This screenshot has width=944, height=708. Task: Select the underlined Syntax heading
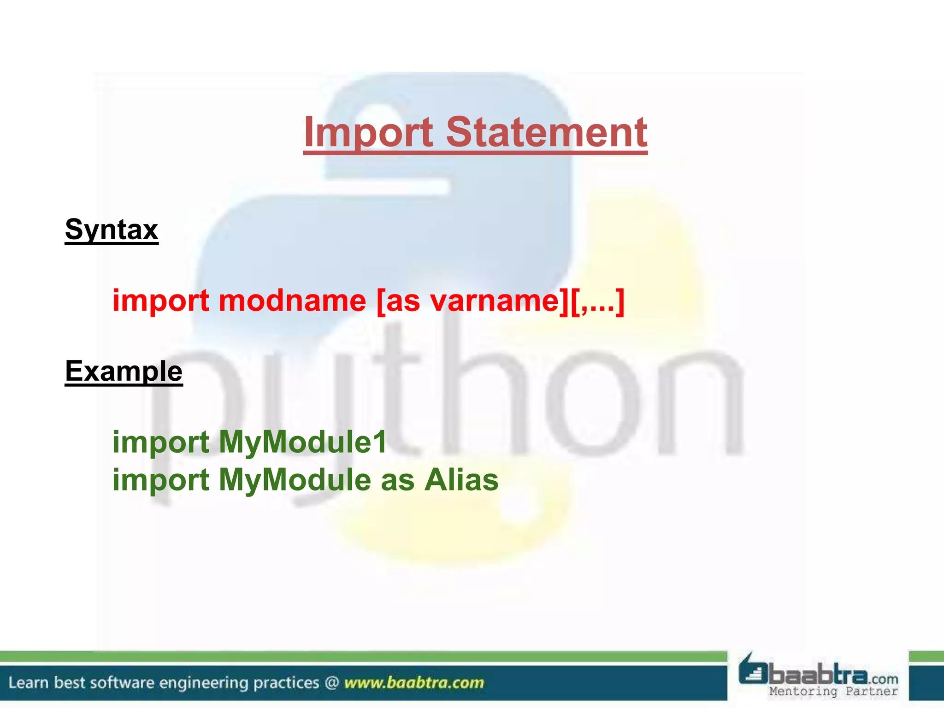112,230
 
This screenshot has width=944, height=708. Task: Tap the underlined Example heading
124,371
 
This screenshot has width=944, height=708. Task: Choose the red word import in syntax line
161,301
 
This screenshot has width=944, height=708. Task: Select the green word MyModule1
302,442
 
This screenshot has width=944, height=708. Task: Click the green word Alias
461,480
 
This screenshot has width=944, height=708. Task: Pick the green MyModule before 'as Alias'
295,480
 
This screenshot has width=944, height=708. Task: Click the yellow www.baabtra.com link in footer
414,683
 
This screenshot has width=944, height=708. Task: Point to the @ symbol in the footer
331,683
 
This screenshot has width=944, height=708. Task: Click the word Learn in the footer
28,683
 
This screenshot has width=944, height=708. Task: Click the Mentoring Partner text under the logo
833,691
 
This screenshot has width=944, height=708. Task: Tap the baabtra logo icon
753,669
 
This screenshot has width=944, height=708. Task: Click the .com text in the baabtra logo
884,679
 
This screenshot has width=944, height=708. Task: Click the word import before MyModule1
161,442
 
